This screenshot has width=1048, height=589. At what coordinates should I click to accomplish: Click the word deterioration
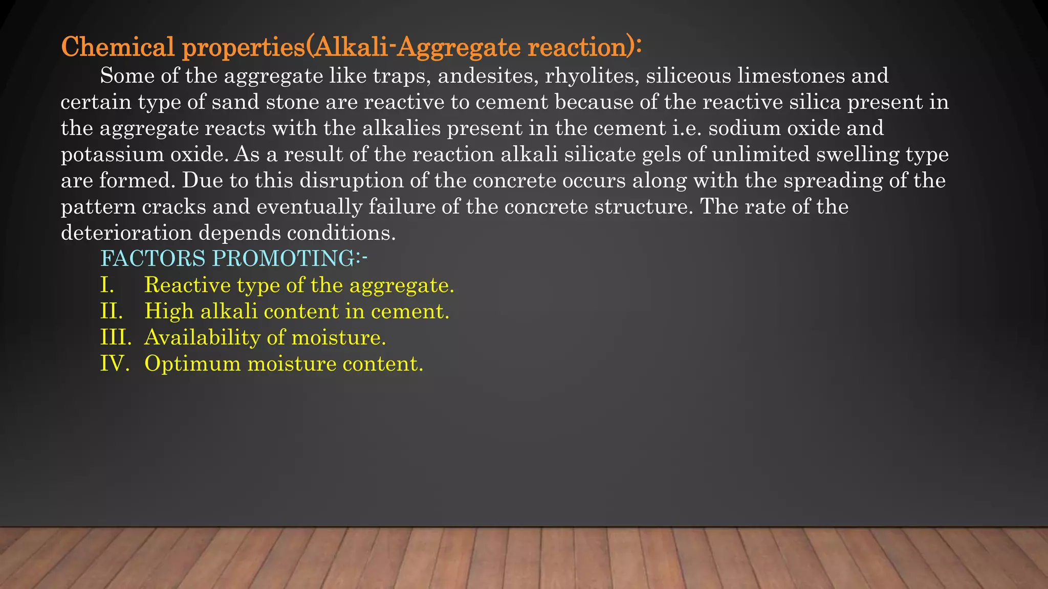coord(126,233)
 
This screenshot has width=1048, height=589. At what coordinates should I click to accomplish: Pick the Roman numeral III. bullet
coord(116,337)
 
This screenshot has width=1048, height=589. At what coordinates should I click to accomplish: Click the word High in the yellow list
coord(169,311)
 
